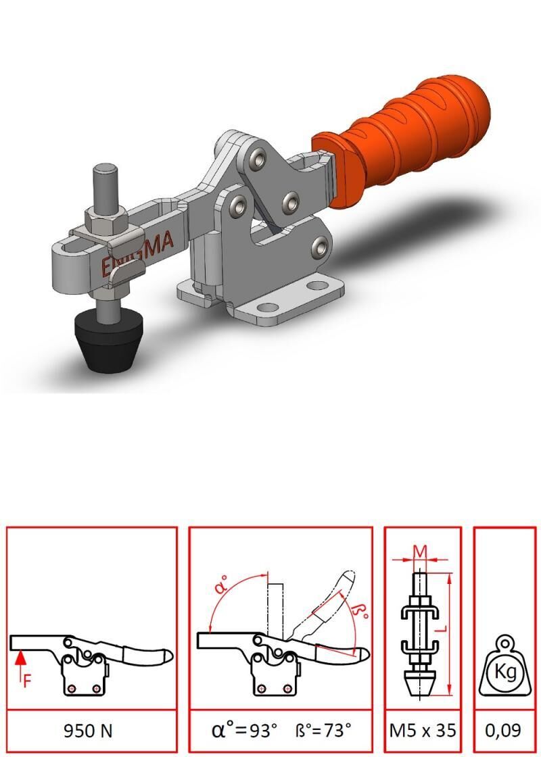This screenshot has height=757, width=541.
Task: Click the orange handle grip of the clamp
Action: [401, 140]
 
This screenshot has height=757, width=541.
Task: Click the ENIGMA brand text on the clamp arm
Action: [138, 254]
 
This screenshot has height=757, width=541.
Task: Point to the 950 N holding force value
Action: [88, 731]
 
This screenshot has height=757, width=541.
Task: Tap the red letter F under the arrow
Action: [28, 681]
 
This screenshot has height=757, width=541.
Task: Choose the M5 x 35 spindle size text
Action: [423, 731]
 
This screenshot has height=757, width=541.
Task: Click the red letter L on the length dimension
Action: [437, 630]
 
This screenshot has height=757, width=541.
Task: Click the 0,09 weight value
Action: [503, 731]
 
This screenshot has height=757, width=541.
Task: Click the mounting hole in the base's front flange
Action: [268, 307]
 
